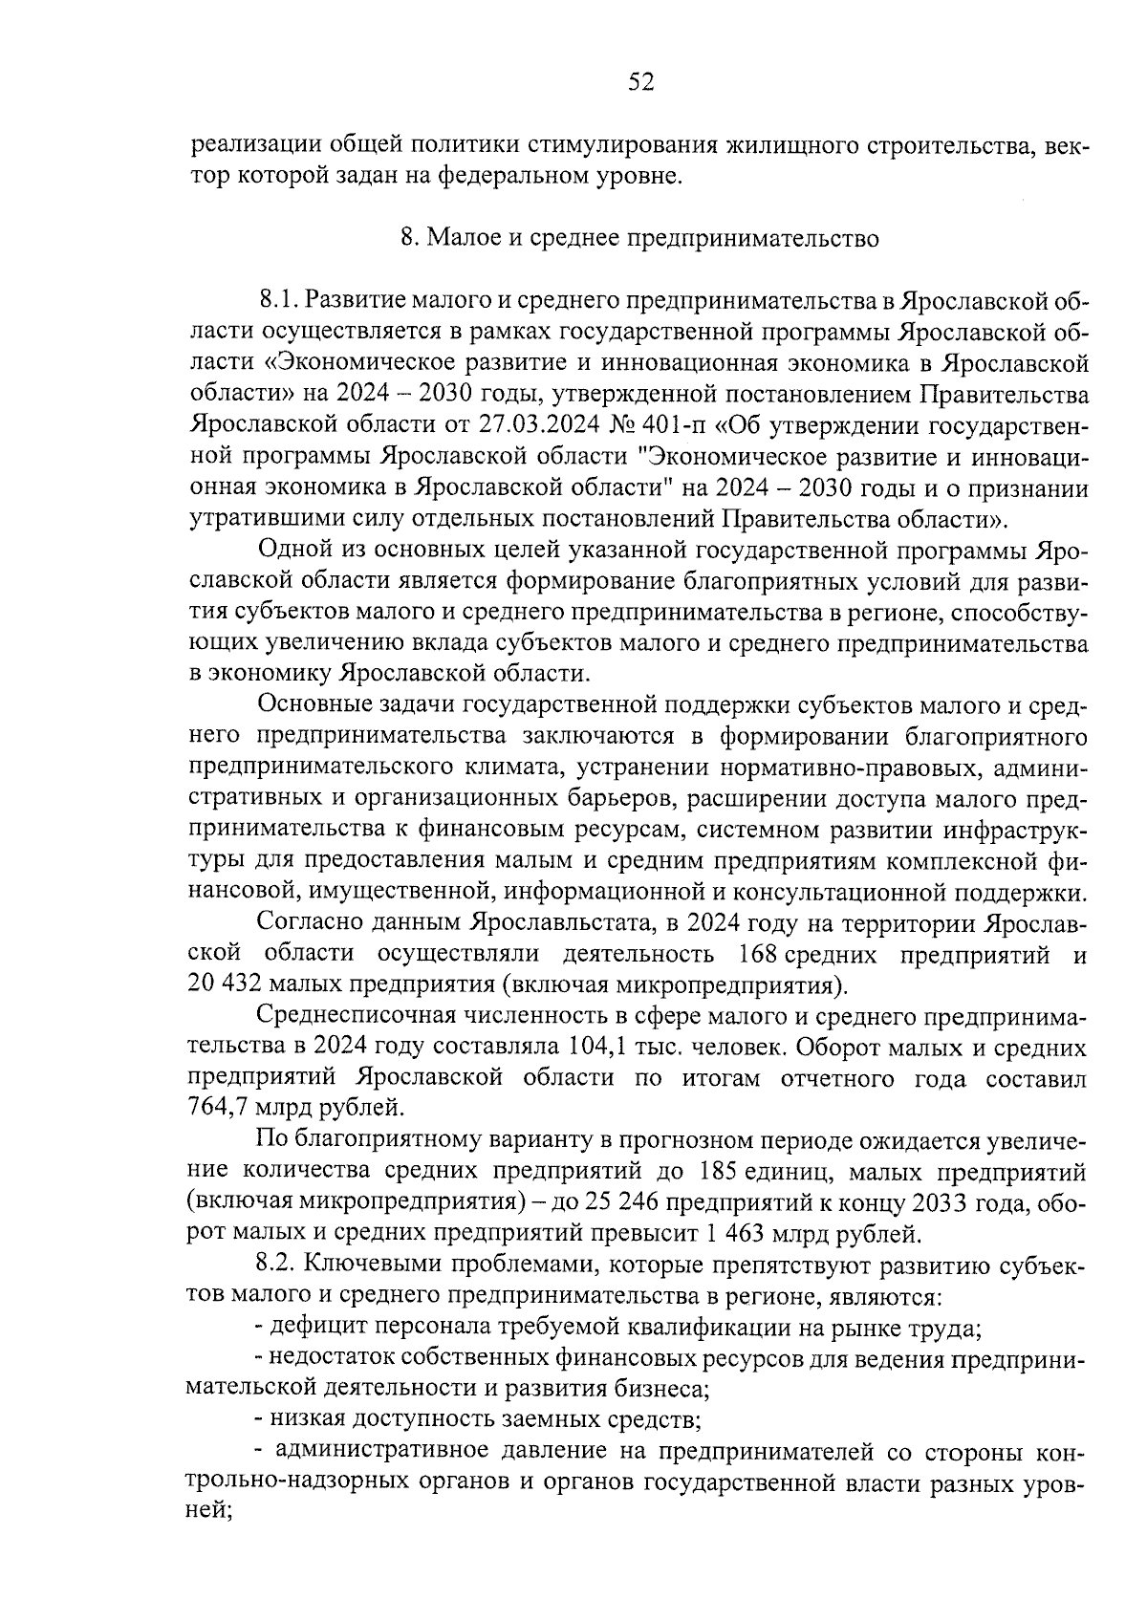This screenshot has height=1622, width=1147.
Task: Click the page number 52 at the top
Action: pos(640,83)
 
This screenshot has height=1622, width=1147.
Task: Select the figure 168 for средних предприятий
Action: pos(756,954)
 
